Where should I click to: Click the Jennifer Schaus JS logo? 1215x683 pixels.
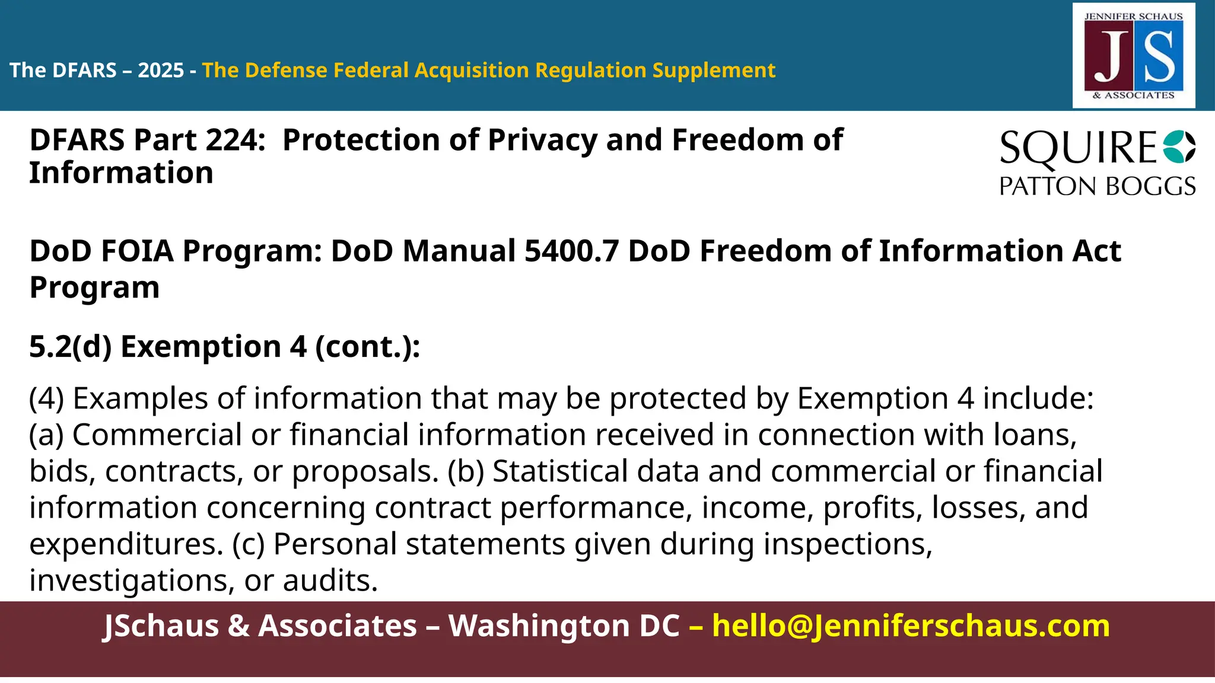click(x=1133, y=56)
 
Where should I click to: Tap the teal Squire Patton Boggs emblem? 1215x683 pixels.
click(x=1179, y=146)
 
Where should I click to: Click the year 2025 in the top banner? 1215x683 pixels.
click(x=161, y=71)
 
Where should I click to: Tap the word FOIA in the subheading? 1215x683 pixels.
click(x=137, y=251)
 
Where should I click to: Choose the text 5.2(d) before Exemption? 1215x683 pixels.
click(x=70, y=346)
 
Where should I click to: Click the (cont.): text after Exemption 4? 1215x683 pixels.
click(x=367, y=346)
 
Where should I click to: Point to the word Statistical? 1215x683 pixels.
click(x=560, y=471)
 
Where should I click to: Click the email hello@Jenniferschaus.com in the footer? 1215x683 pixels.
click(x=911, y=626)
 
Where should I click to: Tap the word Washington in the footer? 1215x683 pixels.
click(x=564, y=626)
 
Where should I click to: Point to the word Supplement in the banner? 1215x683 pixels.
click(x=714, y=71)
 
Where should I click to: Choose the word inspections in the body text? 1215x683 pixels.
click(x=847, y=544)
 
